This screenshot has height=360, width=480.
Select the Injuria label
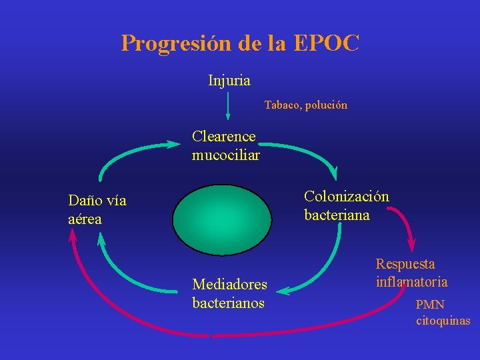[x=229, y=81]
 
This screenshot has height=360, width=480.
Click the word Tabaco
[x=282, y=105]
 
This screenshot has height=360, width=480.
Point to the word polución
[x=327, y=105]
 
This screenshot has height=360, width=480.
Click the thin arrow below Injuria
[x=228, y=107]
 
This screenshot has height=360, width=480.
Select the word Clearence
[x=223, y=137]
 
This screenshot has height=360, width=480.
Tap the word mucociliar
[x=225, y=155]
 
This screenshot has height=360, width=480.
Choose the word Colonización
[x=347, y=197]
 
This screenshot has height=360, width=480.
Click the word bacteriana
[x=337, y=215]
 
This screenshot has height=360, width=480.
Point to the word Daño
[x=83, y=201]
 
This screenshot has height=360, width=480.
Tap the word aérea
[x=85, y=219]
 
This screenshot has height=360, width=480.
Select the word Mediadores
[x=229, y=285]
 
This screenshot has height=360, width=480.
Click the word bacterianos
[x=228, y=303]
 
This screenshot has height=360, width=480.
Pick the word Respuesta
[x=405, y=265]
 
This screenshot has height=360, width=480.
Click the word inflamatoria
[x=411, y=282]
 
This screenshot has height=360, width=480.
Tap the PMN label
[x=430, y=305]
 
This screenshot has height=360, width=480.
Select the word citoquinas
[x=443, y=321]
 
